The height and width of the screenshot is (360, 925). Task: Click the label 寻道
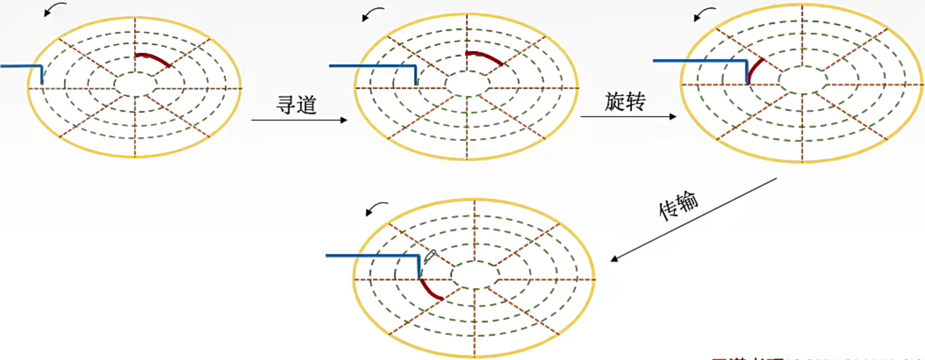[x=297, y=105]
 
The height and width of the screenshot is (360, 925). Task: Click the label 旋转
[x=625, y=102]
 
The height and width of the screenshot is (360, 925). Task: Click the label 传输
[x=679, y=205]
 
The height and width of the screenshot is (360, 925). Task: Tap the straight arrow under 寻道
[x=299, y=120]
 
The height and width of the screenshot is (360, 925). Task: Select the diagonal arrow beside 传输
[x=693, y=219]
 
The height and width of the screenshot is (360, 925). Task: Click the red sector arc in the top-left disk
[x=153, y=58]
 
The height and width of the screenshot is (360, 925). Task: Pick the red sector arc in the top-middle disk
[x=484, y=57]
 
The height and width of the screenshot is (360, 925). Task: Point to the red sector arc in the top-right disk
[x=755, y=70]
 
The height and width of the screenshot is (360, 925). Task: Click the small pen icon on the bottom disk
[x=430, y=256]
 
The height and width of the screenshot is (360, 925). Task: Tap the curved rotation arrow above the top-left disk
[x=55, y=9]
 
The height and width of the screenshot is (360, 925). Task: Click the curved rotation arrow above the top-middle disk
[x=373, y=14]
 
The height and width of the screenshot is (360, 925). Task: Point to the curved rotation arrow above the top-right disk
[x=704, y=14]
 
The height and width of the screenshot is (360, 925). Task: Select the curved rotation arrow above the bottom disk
[x=376, y=208]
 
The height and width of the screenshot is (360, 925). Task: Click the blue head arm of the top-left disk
[x=21, y=66]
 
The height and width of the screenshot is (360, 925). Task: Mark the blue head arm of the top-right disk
[x=700, y=60]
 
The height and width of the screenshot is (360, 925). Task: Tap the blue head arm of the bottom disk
[x=372, y=256]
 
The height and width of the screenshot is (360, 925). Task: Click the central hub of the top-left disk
[x=136, y=85]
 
